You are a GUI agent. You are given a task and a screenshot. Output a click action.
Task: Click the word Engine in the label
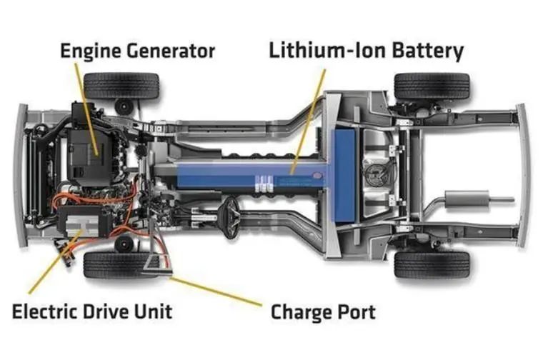pos(91,51)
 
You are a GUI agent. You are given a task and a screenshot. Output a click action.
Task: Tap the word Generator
pos(170,51)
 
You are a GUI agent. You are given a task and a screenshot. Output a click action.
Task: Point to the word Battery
pos(428,51)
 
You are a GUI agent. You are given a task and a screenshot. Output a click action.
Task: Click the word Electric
pos(45,311)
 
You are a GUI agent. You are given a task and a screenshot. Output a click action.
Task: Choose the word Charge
pos(299,313)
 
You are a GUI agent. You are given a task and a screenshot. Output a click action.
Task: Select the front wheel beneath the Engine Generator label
pos(121,86)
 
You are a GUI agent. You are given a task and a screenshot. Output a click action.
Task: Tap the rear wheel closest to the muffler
pos(432,265)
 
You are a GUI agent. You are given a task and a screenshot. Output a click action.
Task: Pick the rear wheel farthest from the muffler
pos(432,86)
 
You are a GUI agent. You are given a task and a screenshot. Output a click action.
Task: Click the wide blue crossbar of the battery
pos(343,176)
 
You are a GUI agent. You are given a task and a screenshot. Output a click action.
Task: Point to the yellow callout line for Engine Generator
pos(86,109)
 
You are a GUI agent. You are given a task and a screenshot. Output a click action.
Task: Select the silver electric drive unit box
pos(83,224)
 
